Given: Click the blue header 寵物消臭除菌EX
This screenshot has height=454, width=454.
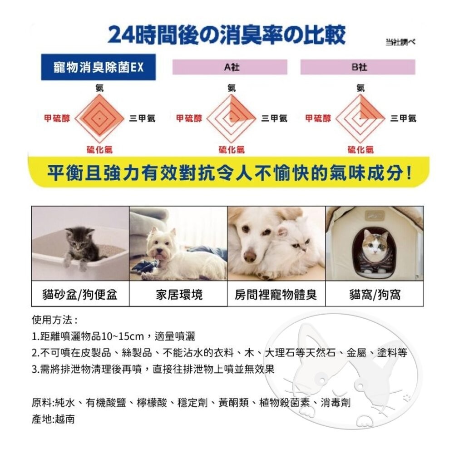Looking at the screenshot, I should (98, 68).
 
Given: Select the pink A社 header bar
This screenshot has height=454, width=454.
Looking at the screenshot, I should (230, 67).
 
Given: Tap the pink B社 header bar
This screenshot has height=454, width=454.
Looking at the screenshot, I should (358, 67).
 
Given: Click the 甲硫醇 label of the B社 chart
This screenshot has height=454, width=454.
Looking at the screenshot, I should (318, 118).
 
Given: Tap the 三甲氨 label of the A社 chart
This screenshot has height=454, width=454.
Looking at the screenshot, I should (274, 118).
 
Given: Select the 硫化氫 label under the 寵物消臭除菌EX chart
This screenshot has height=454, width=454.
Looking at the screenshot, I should (99, 149).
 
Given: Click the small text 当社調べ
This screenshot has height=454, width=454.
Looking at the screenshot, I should (400, 42).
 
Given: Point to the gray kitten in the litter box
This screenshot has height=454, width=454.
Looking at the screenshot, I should (79, 246).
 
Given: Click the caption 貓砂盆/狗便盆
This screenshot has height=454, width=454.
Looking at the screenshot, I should (80, 295).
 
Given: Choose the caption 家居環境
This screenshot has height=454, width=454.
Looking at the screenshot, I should (178, 295).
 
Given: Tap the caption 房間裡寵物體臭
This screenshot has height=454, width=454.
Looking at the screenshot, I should (276, 295).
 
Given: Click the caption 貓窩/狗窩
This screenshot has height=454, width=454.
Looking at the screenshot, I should (375, 295).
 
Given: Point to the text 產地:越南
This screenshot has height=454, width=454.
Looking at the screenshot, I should (53, 419).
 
